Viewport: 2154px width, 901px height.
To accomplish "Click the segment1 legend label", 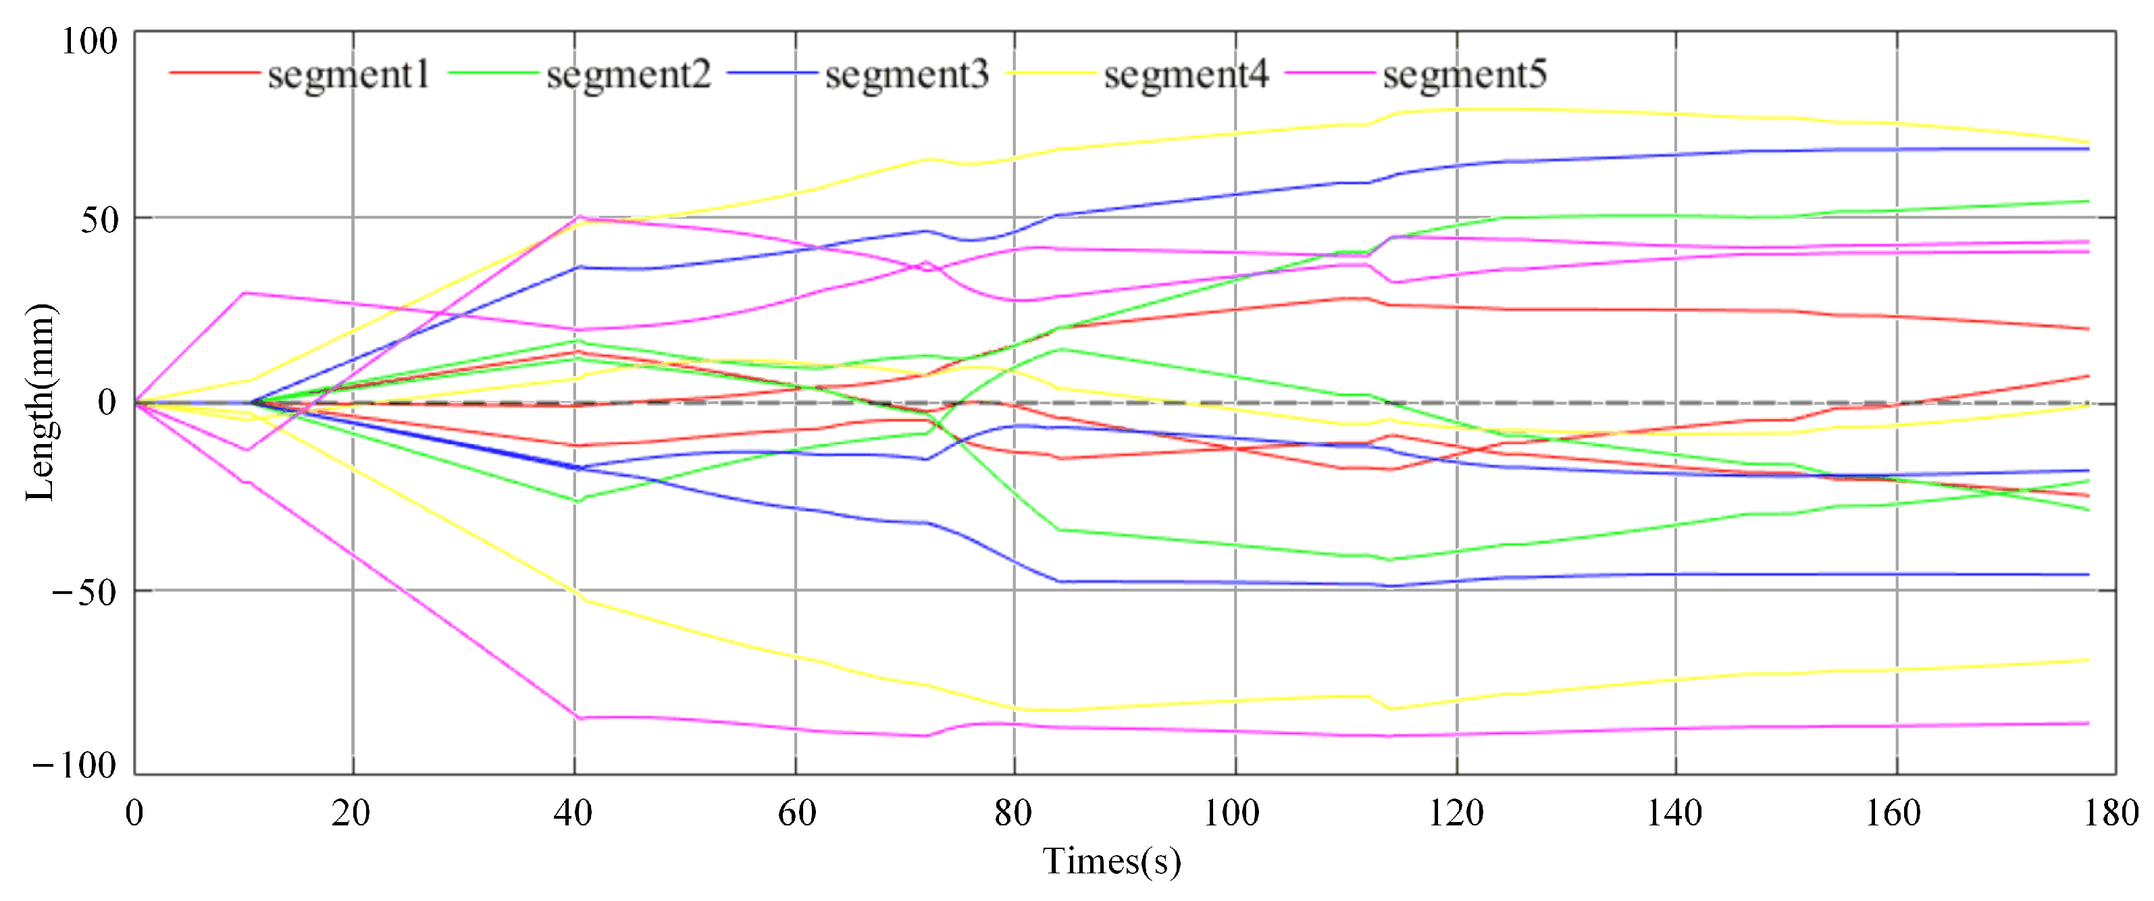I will (349, 75).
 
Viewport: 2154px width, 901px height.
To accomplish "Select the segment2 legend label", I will (628, 75).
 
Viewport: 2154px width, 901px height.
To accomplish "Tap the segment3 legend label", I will (906, 75).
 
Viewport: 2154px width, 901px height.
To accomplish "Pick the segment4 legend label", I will (1185, 75).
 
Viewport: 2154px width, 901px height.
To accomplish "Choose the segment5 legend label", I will (1464, 75).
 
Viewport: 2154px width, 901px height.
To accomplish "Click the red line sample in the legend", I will (214, 74).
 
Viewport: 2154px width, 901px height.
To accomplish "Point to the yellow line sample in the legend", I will (1050, 74).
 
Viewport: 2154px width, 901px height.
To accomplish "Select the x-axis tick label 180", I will (2111, 813).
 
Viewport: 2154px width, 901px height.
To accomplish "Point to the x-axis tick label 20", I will (351, 813).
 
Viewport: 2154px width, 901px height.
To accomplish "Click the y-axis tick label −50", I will (84, 593).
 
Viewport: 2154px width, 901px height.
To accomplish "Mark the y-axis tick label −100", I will (74, 765).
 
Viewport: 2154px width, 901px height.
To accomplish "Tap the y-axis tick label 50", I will (99, 220).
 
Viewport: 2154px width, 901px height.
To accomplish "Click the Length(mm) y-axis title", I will (40, 403).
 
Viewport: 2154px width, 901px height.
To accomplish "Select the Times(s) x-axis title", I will (1111, 862).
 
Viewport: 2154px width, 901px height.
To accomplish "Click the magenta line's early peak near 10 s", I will (242, 294).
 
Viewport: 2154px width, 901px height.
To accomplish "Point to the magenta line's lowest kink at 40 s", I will (577, 717).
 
